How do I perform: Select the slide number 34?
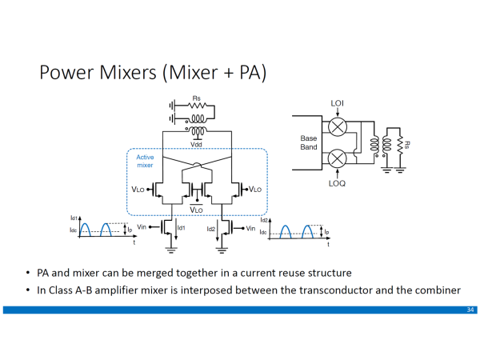(x=470, y=309)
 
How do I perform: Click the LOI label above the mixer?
(x=338, y=103)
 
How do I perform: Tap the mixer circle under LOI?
(x=338, y=126)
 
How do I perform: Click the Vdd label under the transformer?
(x=196, y=145)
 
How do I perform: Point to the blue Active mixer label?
(x=145, y=161)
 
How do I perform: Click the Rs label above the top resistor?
(x=196, y=99)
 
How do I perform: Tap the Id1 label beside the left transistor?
(x=181, y=229)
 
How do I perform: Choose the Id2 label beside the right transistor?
(x=211, y=229)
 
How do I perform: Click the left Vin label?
(x=144, y=228)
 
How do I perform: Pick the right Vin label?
(x=251, y=228)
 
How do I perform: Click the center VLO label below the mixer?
(x=196, y=209)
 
